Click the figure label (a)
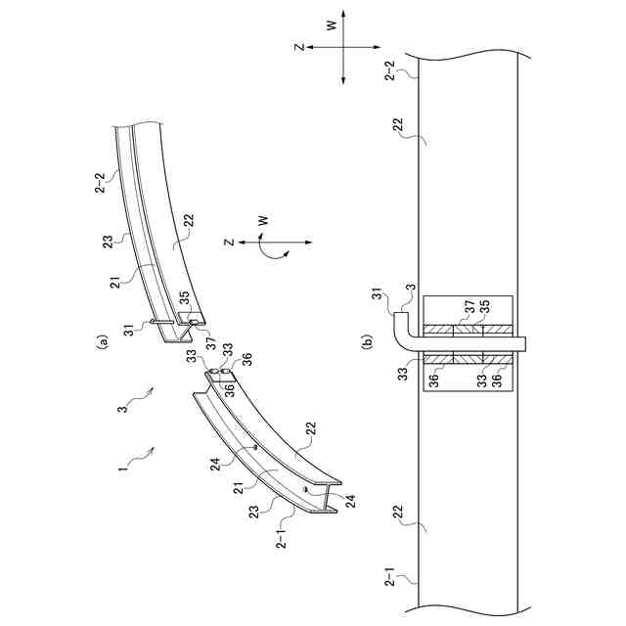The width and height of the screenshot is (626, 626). tap(100, 342)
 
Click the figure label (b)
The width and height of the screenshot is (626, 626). tap(367, 342)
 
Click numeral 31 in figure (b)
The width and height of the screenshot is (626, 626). tap(377, 299)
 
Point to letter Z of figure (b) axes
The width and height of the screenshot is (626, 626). tap(301, 47)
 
